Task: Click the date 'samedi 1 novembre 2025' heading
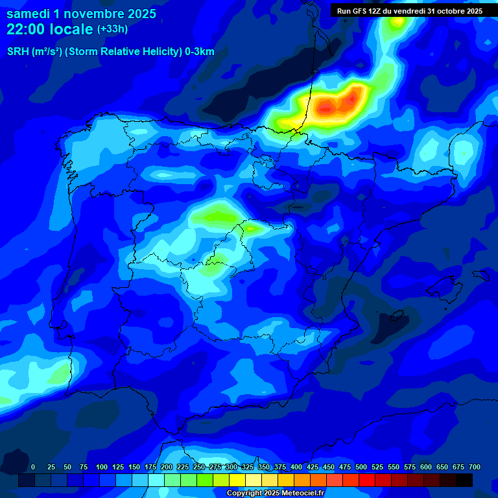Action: click(x=81, y=14)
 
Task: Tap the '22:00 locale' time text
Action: click(x=49, y=29)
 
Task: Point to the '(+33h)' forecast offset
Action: click(x=112, y=29)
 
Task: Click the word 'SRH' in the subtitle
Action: click(x=18, y=52)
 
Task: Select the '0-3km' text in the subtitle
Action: click(x=200, y=52)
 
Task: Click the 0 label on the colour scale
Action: click(x=33, y=467)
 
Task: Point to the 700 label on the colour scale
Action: click(x=474, y=467)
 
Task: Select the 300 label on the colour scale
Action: click(x=231, y=467)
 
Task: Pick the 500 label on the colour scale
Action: click(x=361, y=467)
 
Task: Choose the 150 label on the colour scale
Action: click(x=134, y=467)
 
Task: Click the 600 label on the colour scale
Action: click(x=426, y=467)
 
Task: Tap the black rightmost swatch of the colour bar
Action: click(x=464, y=480)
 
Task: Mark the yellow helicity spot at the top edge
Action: click(x=398, y=22)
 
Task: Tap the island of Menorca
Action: click(x=480, y=275)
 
